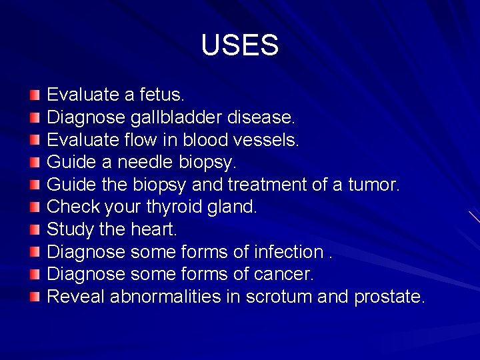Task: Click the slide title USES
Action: point(239,45)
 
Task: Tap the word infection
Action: point(285,252)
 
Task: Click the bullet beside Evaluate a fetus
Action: point(35,96)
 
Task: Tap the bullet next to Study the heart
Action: point(35,230)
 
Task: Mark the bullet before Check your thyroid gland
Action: point(35,207)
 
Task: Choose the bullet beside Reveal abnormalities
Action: point(35,297)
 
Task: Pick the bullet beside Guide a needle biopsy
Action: point(35,163)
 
